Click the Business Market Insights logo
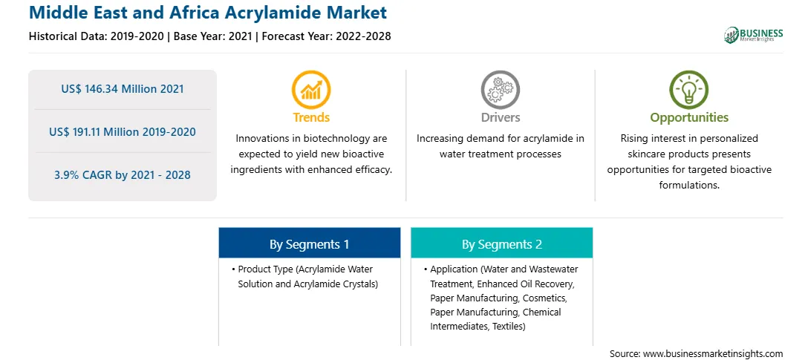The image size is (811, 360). click(x=753, y=35)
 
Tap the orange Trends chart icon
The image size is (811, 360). click(x=311, y=90)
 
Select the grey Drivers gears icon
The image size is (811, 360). click(x=500, y=90)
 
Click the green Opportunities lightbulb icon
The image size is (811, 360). click(x=689, y=90)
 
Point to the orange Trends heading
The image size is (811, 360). click(x=311, y=117)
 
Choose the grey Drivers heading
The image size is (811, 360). click(x=500, y=117)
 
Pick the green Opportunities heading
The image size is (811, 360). click(x=689, y=118)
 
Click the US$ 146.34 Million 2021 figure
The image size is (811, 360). click(x=123, y=89)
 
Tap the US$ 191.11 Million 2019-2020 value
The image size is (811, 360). click(x=123, y=132)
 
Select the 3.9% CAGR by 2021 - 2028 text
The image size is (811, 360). click(x=123, y=175)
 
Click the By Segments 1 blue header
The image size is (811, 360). click(x=309, y=243)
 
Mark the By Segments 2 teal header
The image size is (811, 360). click(x=502, y=243)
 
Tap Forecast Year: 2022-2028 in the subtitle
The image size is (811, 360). click(x=324, y=36)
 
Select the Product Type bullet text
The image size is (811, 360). click(x=306, y=277)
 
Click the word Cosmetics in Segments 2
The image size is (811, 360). click(x=545, y=298)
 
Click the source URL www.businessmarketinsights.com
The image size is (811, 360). click(x=712, y=354)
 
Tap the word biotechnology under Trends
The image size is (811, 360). click(x=341, y=139)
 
